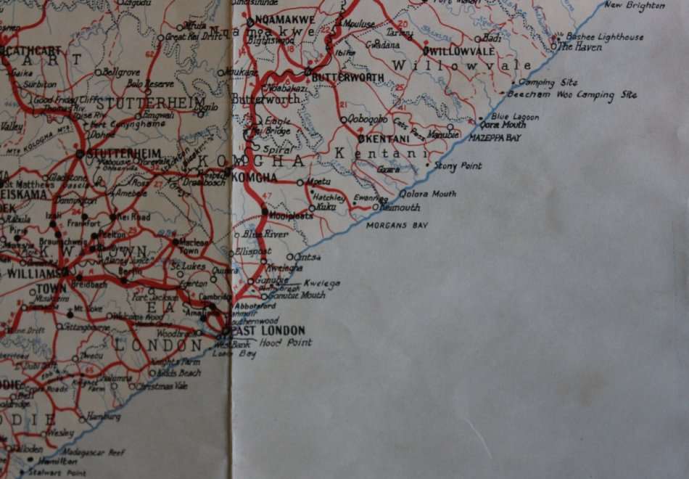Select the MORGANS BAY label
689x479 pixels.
397,226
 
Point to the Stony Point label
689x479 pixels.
458,166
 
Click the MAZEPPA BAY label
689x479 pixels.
495,137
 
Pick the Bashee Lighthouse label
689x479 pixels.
604,36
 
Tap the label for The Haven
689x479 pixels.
579,46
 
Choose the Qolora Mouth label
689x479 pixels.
428,194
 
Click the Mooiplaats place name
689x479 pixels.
291,216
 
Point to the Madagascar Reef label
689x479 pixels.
93,451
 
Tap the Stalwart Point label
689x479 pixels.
57,472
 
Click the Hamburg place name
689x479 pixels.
104,417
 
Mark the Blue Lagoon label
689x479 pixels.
515,116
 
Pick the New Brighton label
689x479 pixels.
635,6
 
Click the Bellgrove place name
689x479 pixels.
121,73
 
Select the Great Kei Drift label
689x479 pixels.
194,36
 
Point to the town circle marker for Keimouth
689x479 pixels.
375,208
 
